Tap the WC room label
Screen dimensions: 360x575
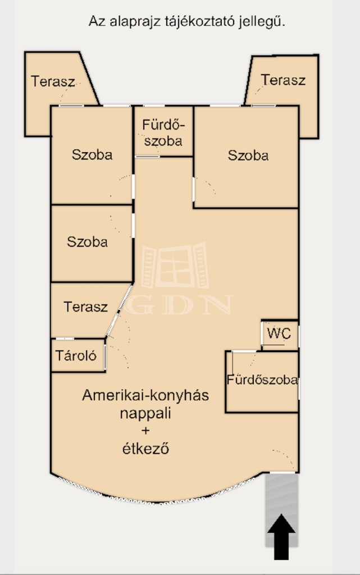(x=279, y=334)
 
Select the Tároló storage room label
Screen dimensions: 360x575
(x=76, y=355)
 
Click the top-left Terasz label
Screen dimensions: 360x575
(x=53, y=81)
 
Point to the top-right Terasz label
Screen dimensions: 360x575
(x=283, y=80)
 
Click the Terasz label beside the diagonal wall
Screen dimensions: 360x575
(x=86, y=307)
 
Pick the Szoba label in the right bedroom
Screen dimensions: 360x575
(x=248, y=155)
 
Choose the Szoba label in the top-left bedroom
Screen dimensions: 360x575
(x=92, y=154)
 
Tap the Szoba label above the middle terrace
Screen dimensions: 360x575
(x=87, y=241)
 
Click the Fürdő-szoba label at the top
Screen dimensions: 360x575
(x=163, y=133)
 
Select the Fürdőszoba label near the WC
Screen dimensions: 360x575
(x=262, y=380)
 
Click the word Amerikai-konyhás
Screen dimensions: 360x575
(x=145, y=395)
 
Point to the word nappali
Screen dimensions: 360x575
(x=145, y=413)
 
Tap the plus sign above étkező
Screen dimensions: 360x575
(x=145, y=430)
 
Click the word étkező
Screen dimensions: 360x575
(x=145, y=448)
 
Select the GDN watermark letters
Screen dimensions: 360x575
(x=179, y=305)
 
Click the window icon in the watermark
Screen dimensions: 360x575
(x=175, y=265)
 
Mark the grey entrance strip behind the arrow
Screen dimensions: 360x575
(x=281, y=510)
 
